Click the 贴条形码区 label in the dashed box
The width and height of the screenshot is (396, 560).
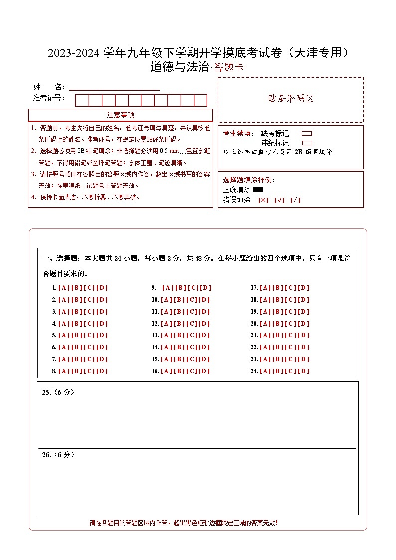coord(291,99)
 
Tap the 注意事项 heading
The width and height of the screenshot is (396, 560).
coord(120,115)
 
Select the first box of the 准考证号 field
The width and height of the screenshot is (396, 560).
coord(82,100)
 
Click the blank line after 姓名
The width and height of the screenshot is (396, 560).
coord(114,87)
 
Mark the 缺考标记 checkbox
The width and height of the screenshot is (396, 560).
coord(307,134)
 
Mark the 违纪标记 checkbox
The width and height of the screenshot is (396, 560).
coord(307,143)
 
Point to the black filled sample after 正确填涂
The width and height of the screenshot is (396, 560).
coord(258,189)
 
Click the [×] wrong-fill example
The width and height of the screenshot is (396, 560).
coord(263,200)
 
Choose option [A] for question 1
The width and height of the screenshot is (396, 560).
coord(63,288)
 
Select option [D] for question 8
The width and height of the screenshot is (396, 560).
coord(102,371)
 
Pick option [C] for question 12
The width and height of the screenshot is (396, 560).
coord(191,324)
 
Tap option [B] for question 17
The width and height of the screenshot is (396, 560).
coord(278,288)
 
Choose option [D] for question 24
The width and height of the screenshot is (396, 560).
coord(303,371)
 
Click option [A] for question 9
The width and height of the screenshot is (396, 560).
coord(167,288)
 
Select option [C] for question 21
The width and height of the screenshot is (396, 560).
coord(290,336)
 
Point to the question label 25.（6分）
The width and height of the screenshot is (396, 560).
coord(58,392)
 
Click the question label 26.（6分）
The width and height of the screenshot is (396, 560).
coord(58,455)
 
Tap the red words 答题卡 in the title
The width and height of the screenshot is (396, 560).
coord(229,68)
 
